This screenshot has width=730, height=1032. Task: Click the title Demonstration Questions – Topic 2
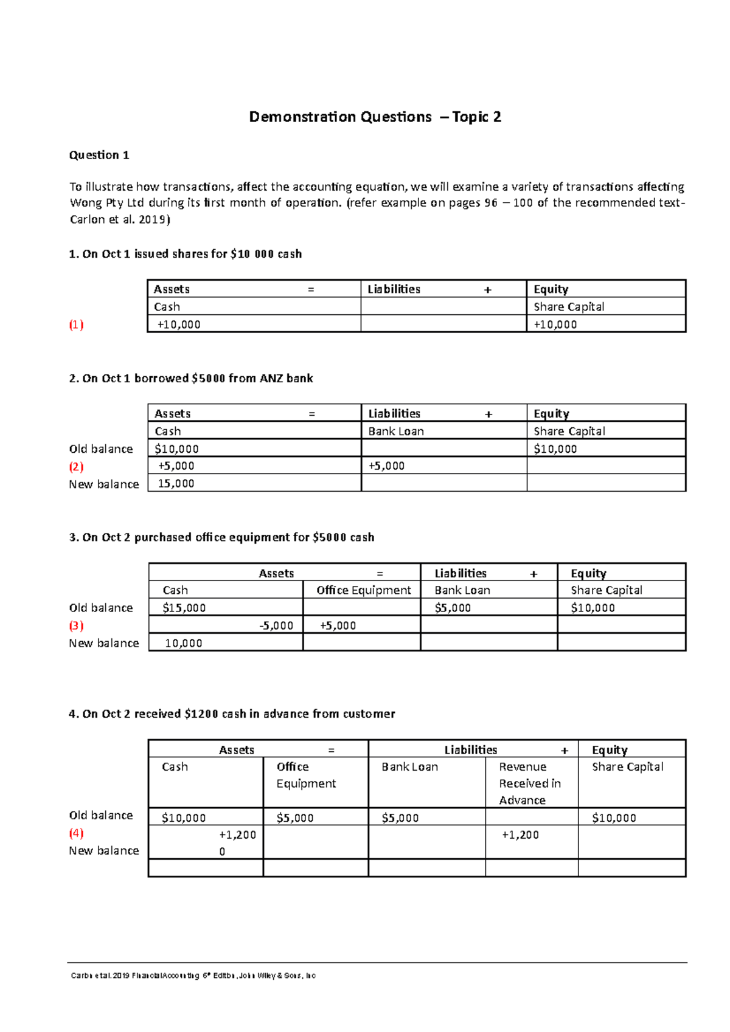[375, 117]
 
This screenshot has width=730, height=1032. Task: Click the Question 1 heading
[99, 155]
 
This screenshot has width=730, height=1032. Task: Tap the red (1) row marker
[76, 325]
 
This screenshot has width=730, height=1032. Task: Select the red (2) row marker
[76, 467]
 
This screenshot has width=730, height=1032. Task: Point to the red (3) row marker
[76, 625]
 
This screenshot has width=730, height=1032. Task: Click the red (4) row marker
[76, 833]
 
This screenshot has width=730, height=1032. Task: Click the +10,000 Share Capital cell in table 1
[555, 325]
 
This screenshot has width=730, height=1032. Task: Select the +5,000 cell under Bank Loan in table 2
[386, 466]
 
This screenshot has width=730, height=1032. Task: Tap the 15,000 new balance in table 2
[176, 484]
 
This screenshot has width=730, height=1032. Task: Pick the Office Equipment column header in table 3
[363, 590]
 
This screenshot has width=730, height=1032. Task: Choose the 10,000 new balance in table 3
[183, 643]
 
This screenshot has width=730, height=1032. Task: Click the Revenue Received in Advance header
[529, 783]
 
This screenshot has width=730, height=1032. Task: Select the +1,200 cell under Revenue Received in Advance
[520, 835]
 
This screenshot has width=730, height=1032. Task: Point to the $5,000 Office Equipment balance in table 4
[295, 818]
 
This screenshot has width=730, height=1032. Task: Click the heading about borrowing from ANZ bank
[191, 379]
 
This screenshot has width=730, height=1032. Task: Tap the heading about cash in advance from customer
[232, 714]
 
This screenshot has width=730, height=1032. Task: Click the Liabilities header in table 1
[394, 289]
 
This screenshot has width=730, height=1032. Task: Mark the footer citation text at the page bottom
[193, 975]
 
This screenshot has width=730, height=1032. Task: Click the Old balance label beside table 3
[101, 608]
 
